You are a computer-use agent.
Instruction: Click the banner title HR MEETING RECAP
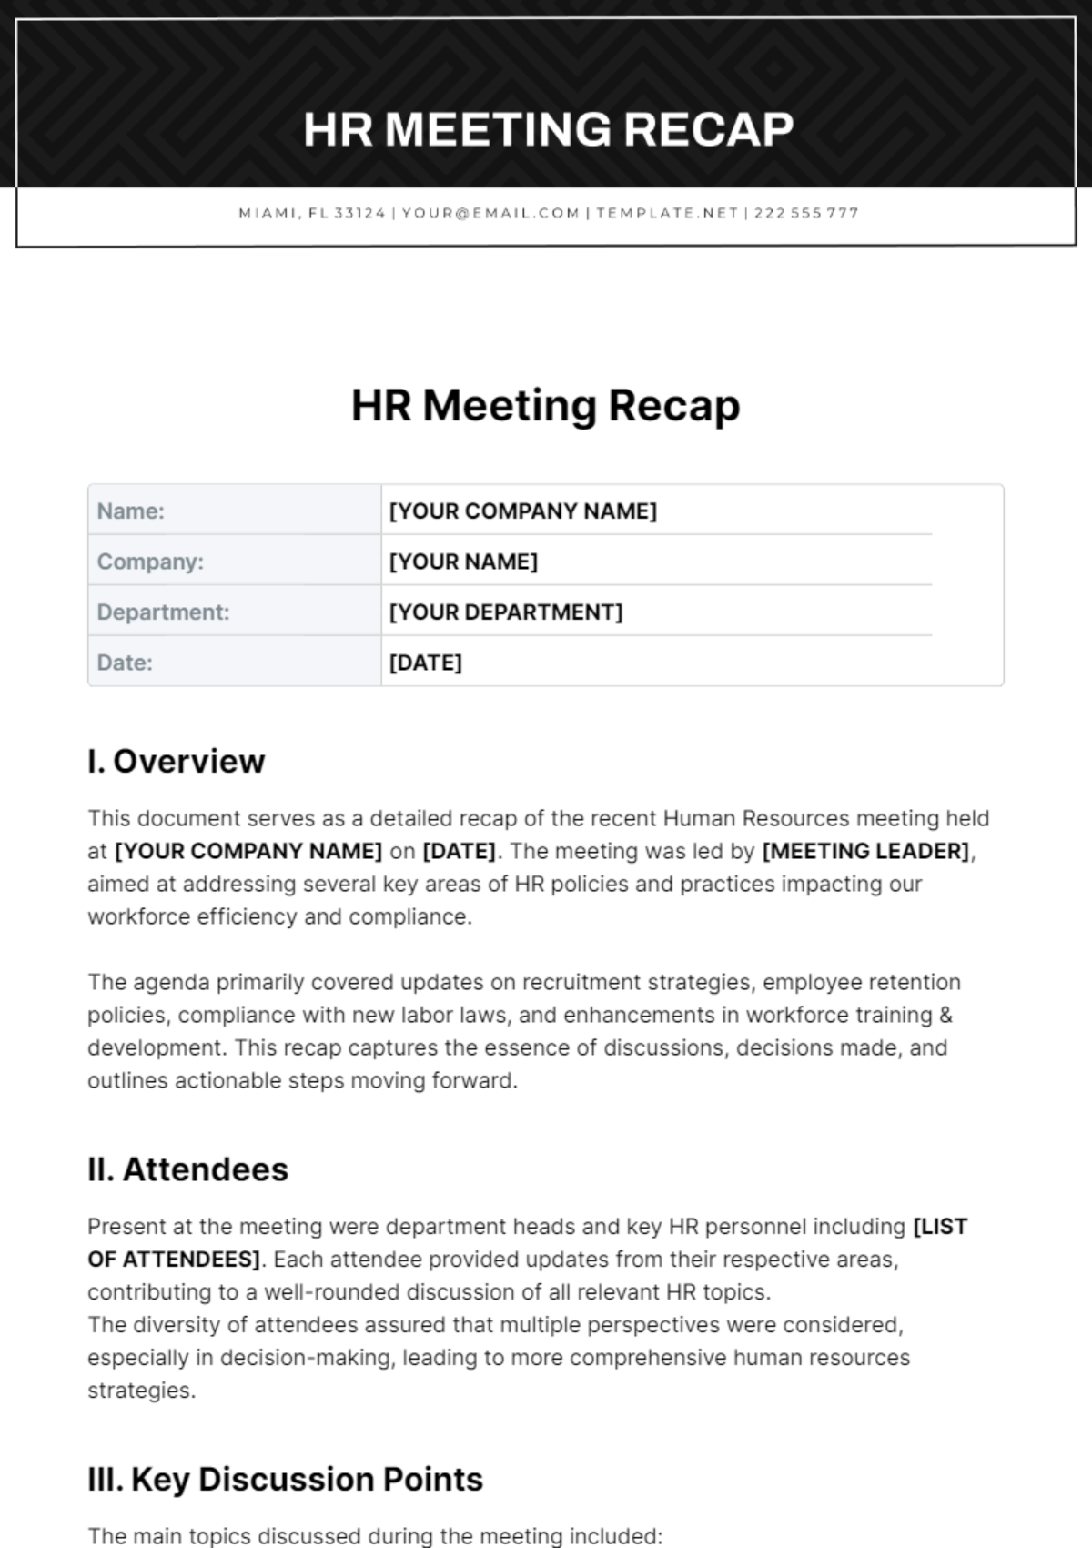tap(548, 129)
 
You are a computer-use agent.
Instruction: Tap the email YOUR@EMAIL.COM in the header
tap(490, 213)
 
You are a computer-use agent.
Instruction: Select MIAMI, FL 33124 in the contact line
tap(312, 213)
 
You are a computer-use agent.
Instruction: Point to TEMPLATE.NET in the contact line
tap(667, 213)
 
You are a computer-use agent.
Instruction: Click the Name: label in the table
tap(131, 511)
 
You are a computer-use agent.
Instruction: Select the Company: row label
tap(150, 562)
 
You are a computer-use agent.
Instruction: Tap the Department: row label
tap(163, 612)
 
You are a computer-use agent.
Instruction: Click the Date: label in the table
tap(125, 663)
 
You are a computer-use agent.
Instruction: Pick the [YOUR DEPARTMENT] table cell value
tap(506, 612)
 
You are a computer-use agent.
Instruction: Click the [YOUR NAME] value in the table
tap(463, 562)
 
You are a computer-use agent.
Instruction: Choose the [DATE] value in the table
tap(425, 663)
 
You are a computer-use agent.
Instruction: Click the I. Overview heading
tap(177, 761)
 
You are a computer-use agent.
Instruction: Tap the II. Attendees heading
tap(187, 1169)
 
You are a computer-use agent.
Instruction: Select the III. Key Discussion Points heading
tap(285, 1479)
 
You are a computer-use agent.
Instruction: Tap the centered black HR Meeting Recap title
tap(546, 406)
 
